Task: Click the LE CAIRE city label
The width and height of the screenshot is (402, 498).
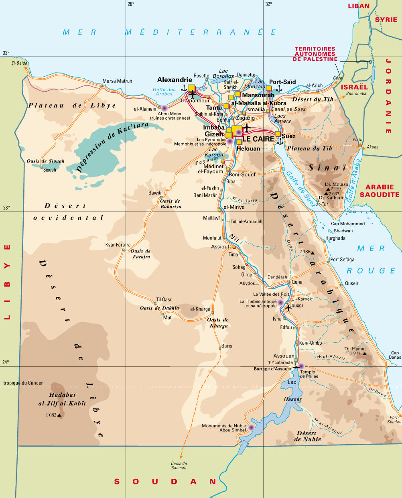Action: coord(258,139)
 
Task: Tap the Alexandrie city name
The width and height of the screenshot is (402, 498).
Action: coord(175,80)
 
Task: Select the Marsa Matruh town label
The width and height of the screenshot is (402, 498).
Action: coord(117,81)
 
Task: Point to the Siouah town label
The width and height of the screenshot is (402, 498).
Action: coord(50,170)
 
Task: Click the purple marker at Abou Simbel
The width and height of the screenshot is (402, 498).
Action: coord(251,427)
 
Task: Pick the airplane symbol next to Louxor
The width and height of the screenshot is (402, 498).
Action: coord(288,308)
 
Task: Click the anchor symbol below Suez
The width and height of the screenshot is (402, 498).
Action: coord(280,142)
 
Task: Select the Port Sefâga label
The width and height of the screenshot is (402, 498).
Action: coord(342,260)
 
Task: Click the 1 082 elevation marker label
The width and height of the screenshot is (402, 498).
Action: coord(51,415)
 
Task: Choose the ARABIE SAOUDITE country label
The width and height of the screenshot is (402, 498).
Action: coord(380,191)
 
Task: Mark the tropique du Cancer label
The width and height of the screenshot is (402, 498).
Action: coord(23,383)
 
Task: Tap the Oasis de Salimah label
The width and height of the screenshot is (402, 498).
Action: coord(179,465)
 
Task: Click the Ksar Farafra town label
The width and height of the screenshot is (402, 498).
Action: coord(118,245)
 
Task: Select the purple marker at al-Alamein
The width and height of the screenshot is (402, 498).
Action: coord(164,108)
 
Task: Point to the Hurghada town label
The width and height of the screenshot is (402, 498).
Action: coord(335,238)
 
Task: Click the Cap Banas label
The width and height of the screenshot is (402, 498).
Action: coord(395,355)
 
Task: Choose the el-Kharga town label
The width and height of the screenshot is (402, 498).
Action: coord(200,309)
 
